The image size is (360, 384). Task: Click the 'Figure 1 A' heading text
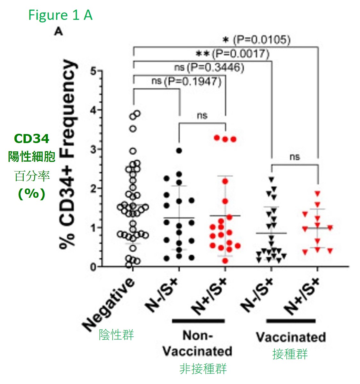pyautogui.click(x=60, y=15)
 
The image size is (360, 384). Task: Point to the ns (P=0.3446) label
pyautogui.click(x=209, y=68)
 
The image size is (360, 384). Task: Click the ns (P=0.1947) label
pyautogui.click(x=186, y=81)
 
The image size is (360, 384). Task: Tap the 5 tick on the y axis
pyautogui.click(x=93, y=71)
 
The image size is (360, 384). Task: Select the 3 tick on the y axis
pyautogui.click(x=93, y=149)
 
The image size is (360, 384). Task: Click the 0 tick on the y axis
pyautogui.click(x=93, y=267)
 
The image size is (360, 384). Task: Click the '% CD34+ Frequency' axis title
pyautogui.click(x=68, y=154)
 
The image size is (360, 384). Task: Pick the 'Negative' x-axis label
pyautogui.click(x=109, y=304)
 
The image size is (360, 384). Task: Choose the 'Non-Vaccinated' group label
pyautogui.click(x=197, y=343)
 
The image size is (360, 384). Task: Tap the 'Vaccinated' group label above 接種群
pyautogui.click(x=291, y=337)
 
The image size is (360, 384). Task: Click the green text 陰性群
pyautogui.click(x=116, y=335)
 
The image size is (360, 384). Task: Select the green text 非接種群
pyautogui.click(x=203, y=369)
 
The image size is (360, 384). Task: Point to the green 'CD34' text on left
pyautogui.click(x=31, y=139)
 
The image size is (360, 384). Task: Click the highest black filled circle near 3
pyautogui.click(x=179, y=150)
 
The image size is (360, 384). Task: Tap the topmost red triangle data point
pyautogui.click(x=317, y=194)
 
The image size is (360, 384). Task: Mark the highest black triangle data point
pyautogui.click(x=271, y=180)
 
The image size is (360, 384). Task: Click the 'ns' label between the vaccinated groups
pyautogui.click(x=294, y=157)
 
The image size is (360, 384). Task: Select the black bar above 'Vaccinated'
pyautogui.click(x=291, y=321)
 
